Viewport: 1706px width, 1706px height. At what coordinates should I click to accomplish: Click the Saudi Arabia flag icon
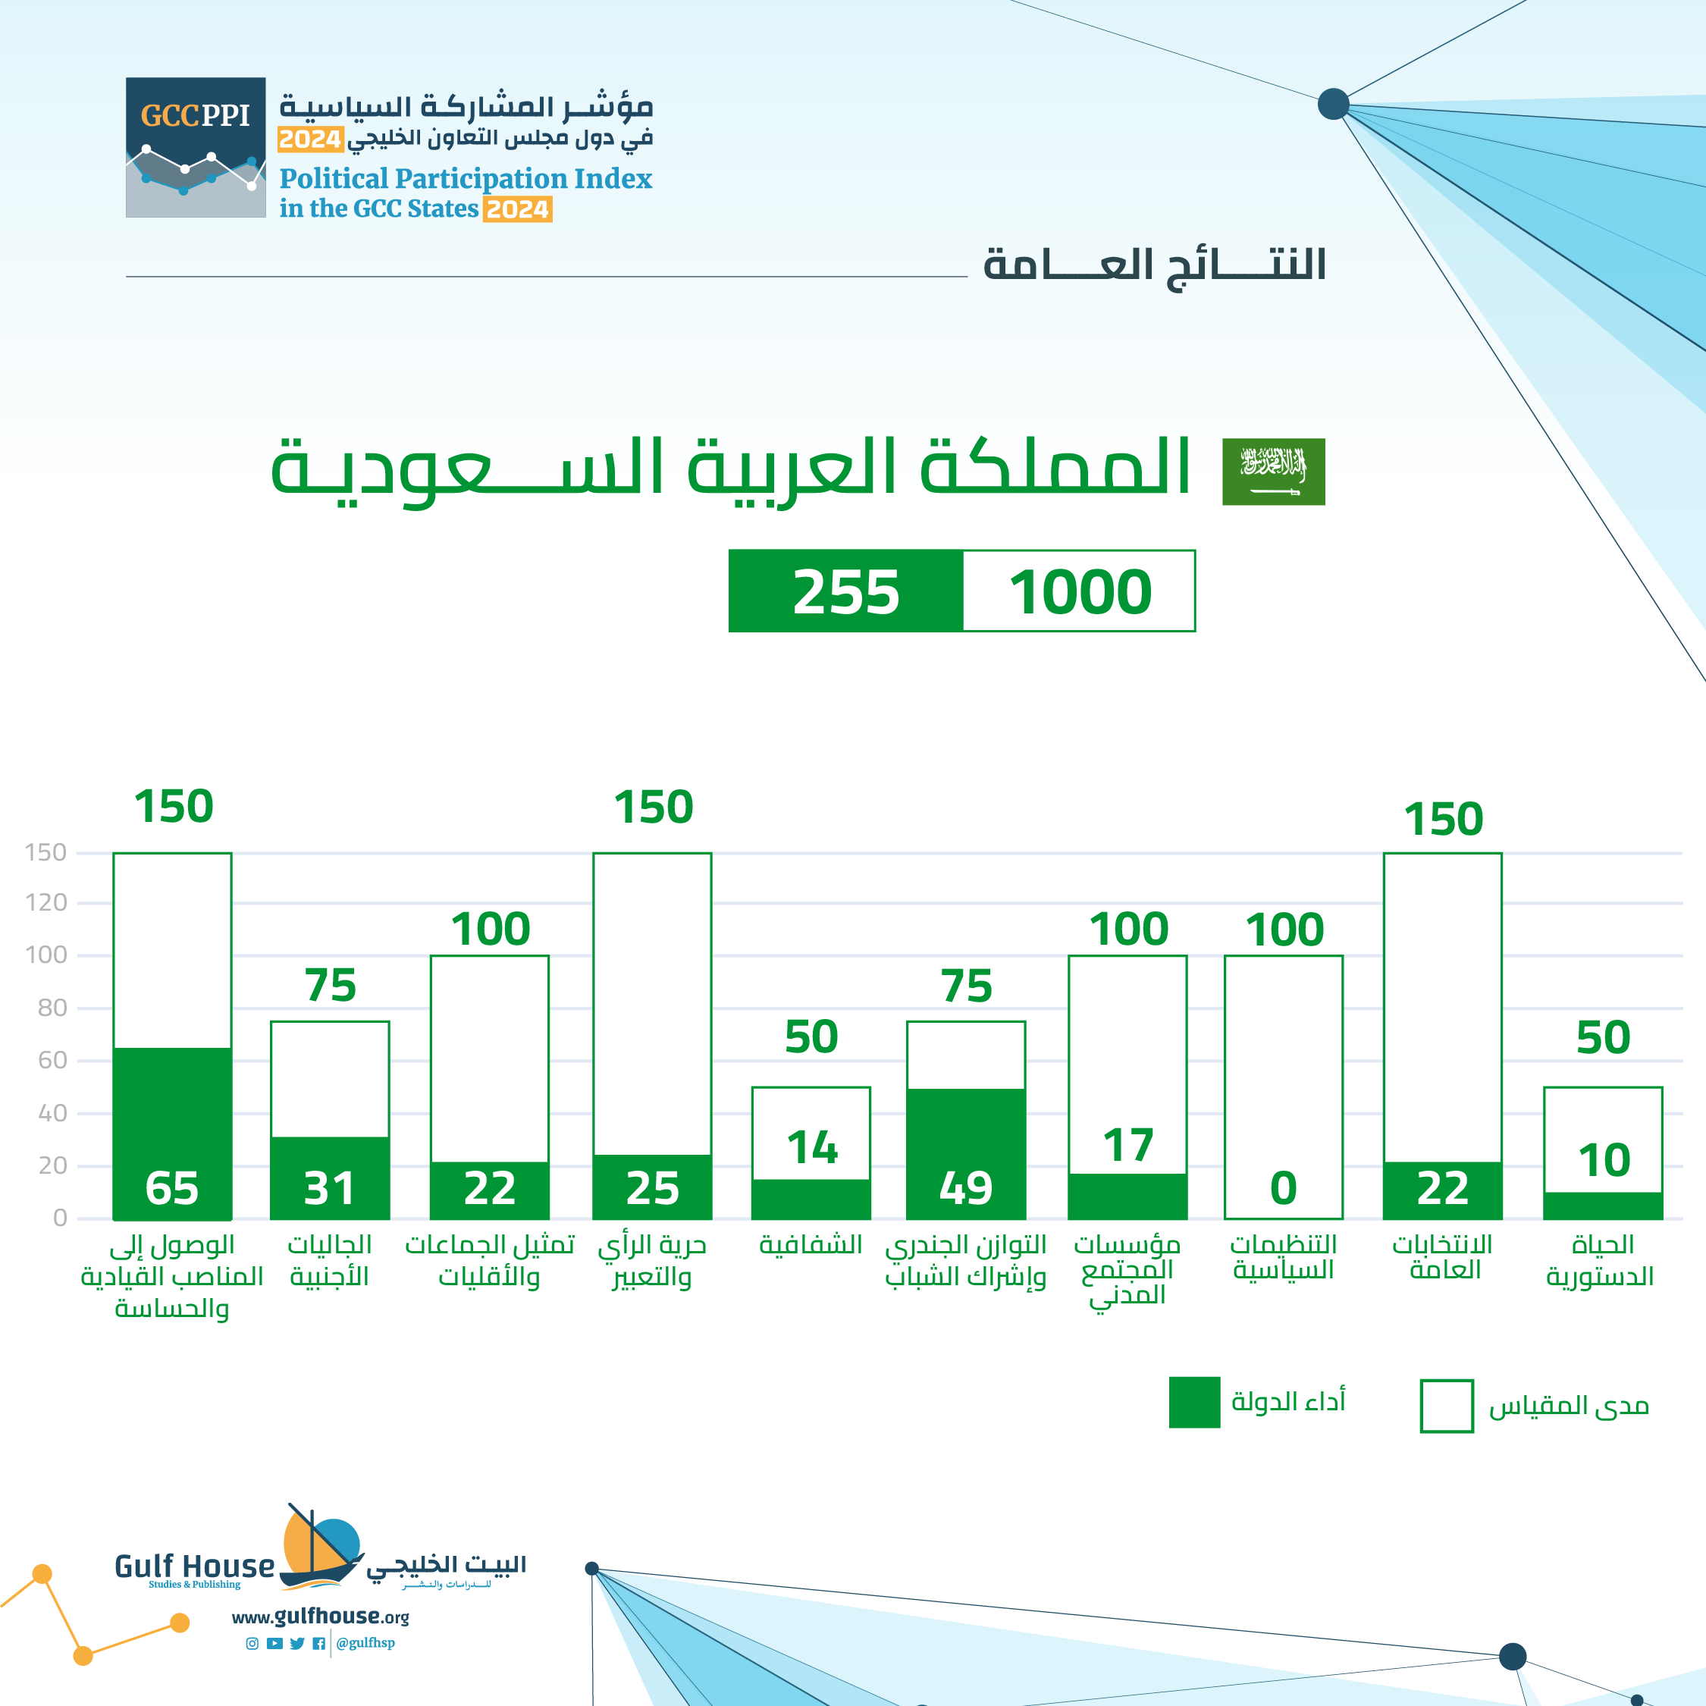point(1273,472)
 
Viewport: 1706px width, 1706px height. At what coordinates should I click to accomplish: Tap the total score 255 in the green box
point(846,591)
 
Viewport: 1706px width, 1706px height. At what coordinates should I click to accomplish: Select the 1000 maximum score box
point(1079,591)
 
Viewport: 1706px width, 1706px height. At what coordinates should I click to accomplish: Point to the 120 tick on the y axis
point(46,902)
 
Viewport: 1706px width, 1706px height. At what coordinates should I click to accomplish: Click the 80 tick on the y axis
point(52,1008)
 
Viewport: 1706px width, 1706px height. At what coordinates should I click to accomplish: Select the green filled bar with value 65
point(172,1134)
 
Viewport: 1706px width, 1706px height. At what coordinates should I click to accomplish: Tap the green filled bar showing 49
point(966,1153)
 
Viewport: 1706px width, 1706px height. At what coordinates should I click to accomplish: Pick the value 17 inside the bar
point(1127,1146)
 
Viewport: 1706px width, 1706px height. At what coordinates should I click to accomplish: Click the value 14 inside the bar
point(811,1148)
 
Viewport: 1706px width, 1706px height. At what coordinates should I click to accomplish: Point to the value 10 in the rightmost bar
point(1604,1160)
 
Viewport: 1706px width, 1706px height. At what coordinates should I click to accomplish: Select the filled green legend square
point(1194,1402)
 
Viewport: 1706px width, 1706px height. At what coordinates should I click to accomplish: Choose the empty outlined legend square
point(1447,1406)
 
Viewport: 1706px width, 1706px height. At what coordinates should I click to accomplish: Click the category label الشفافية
point(811,1245)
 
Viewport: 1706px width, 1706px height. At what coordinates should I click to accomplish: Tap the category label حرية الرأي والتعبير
point(651,1261)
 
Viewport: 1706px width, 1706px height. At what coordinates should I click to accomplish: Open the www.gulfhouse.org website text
point(320,1617)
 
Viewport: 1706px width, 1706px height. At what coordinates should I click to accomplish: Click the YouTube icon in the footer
point(274,1643)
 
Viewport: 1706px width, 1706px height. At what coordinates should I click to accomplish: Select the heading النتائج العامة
point(1154,265)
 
